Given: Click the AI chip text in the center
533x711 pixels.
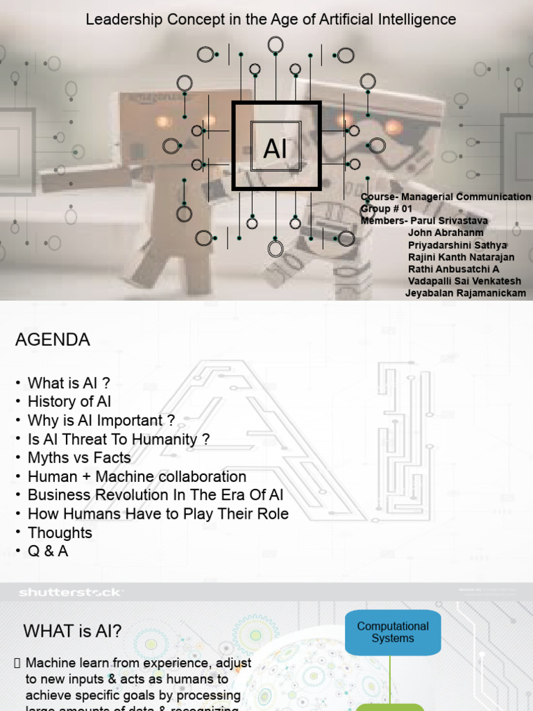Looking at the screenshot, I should click(x=276, y=149).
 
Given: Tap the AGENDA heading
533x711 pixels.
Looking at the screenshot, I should click(x=53, y=340).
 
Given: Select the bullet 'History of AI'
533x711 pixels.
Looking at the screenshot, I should click(x=69, y=401).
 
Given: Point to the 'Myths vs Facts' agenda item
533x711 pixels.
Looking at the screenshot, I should click(x=79, y=458).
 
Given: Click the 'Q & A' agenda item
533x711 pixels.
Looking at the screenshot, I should click(x=48, y=551).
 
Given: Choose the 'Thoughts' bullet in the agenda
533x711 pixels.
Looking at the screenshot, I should click(x=60, y=533).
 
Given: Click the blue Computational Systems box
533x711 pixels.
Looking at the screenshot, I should click(x=392, y=632).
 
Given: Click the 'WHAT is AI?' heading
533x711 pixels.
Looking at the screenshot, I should click(x=72, y=631).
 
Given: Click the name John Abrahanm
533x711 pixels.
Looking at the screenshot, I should click(x=446, y=233).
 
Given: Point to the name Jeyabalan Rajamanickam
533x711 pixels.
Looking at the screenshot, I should click(x=465, y=293).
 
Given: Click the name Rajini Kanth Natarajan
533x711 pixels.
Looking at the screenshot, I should click(x=461, y=257).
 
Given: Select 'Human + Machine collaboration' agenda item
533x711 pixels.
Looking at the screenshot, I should click(x=137, y=476).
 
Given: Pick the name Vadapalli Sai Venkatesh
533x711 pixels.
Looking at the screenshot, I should click(x=464, y=281).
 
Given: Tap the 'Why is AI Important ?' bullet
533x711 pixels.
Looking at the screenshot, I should click(x=101, y=420).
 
